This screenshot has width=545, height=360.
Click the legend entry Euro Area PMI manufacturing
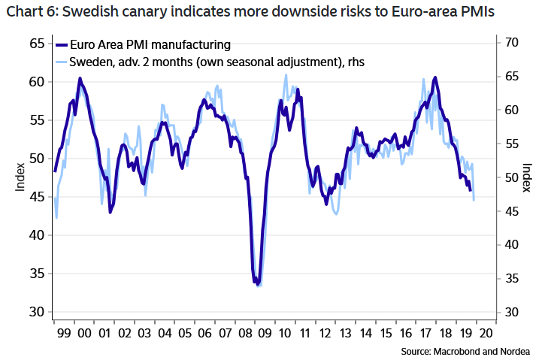click(150, 46)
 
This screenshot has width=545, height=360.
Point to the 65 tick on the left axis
click(38, 43)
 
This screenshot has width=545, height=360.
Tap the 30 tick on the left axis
click(38, 312)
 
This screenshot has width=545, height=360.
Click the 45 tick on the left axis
click(38, 197)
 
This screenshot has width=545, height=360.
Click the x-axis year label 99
click(63, 331)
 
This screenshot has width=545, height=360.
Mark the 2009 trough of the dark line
click(257, 283)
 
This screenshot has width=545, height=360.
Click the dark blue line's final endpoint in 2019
click(470, 189)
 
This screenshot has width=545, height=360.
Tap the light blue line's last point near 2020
click(474, 200)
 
